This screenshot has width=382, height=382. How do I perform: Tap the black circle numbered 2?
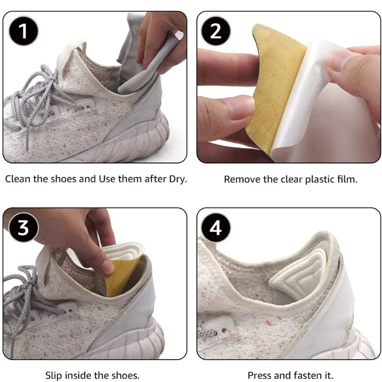tap(216, 32)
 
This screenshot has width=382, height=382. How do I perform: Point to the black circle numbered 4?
tap(216, 228)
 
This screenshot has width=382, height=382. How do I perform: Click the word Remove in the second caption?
tap(240, 180)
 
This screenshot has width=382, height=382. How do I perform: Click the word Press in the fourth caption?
tap(258, 375)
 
